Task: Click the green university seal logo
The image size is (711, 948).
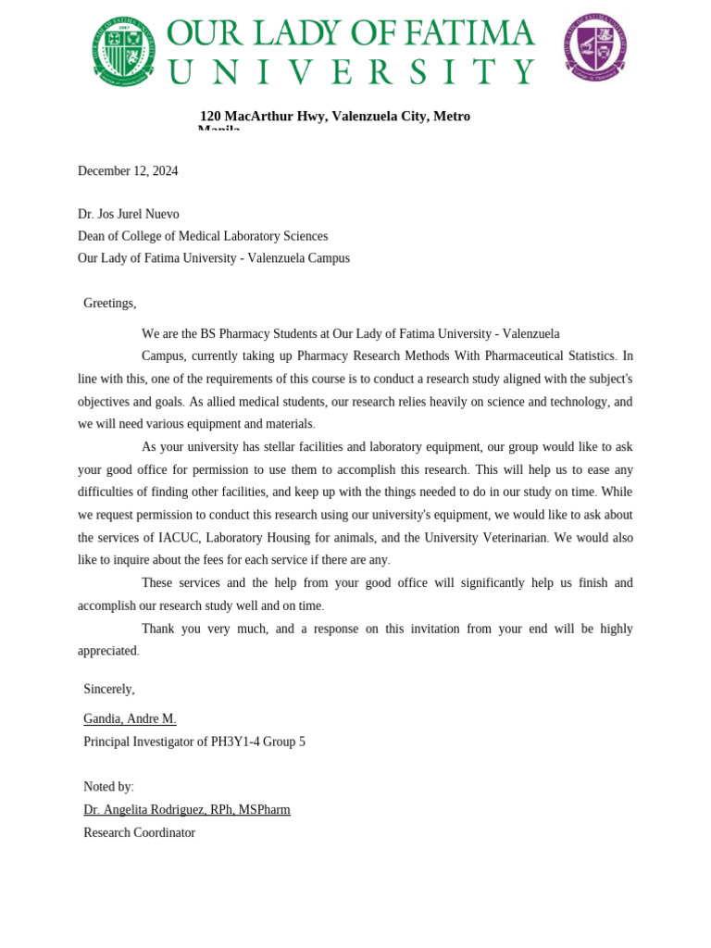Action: (123, 50)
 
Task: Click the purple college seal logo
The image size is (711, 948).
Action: (595, 46)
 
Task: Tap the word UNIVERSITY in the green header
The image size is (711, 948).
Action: (351, 72)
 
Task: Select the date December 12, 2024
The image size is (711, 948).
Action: (128, 171)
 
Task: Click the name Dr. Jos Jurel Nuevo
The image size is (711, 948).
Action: (129, 214)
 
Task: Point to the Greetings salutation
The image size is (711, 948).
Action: (109, 303)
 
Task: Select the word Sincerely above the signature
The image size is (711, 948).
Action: (108, 689)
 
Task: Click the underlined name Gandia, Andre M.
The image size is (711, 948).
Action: (130, 718)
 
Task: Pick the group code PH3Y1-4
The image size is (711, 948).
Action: (235, 742)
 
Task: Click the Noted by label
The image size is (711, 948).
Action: (108, 787)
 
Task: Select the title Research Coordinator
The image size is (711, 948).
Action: (139, 832)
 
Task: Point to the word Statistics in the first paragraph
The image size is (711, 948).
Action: (588, 355)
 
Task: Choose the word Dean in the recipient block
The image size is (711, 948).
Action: (93, 236)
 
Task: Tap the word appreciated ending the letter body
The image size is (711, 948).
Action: (107, 651)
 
